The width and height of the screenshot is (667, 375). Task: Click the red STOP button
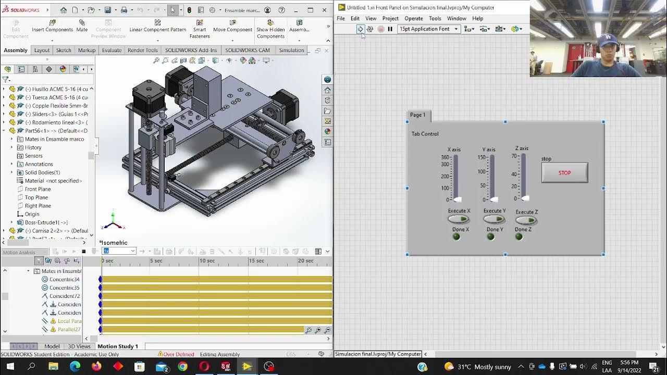564,173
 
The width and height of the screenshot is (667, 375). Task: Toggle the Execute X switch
459,219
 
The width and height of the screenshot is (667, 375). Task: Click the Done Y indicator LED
490,237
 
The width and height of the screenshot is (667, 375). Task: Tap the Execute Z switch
526,220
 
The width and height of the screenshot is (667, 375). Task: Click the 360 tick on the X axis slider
445,157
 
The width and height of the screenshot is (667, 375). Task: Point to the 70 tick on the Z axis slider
514,156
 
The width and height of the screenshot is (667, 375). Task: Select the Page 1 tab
417,115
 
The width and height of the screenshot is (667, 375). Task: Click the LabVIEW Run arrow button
360,29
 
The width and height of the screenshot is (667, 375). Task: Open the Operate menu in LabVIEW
414,18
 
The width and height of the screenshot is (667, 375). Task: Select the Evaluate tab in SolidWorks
112,51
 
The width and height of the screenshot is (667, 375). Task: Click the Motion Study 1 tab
118,346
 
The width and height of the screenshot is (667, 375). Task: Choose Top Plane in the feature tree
36,197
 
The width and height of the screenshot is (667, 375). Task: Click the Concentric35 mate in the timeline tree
64,287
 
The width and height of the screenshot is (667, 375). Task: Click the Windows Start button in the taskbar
9,367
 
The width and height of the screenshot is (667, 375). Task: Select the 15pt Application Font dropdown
428,29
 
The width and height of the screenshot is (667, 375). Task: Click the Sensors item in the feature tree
34,156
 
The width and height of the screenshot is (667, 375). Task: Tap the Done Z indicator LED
518,237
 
